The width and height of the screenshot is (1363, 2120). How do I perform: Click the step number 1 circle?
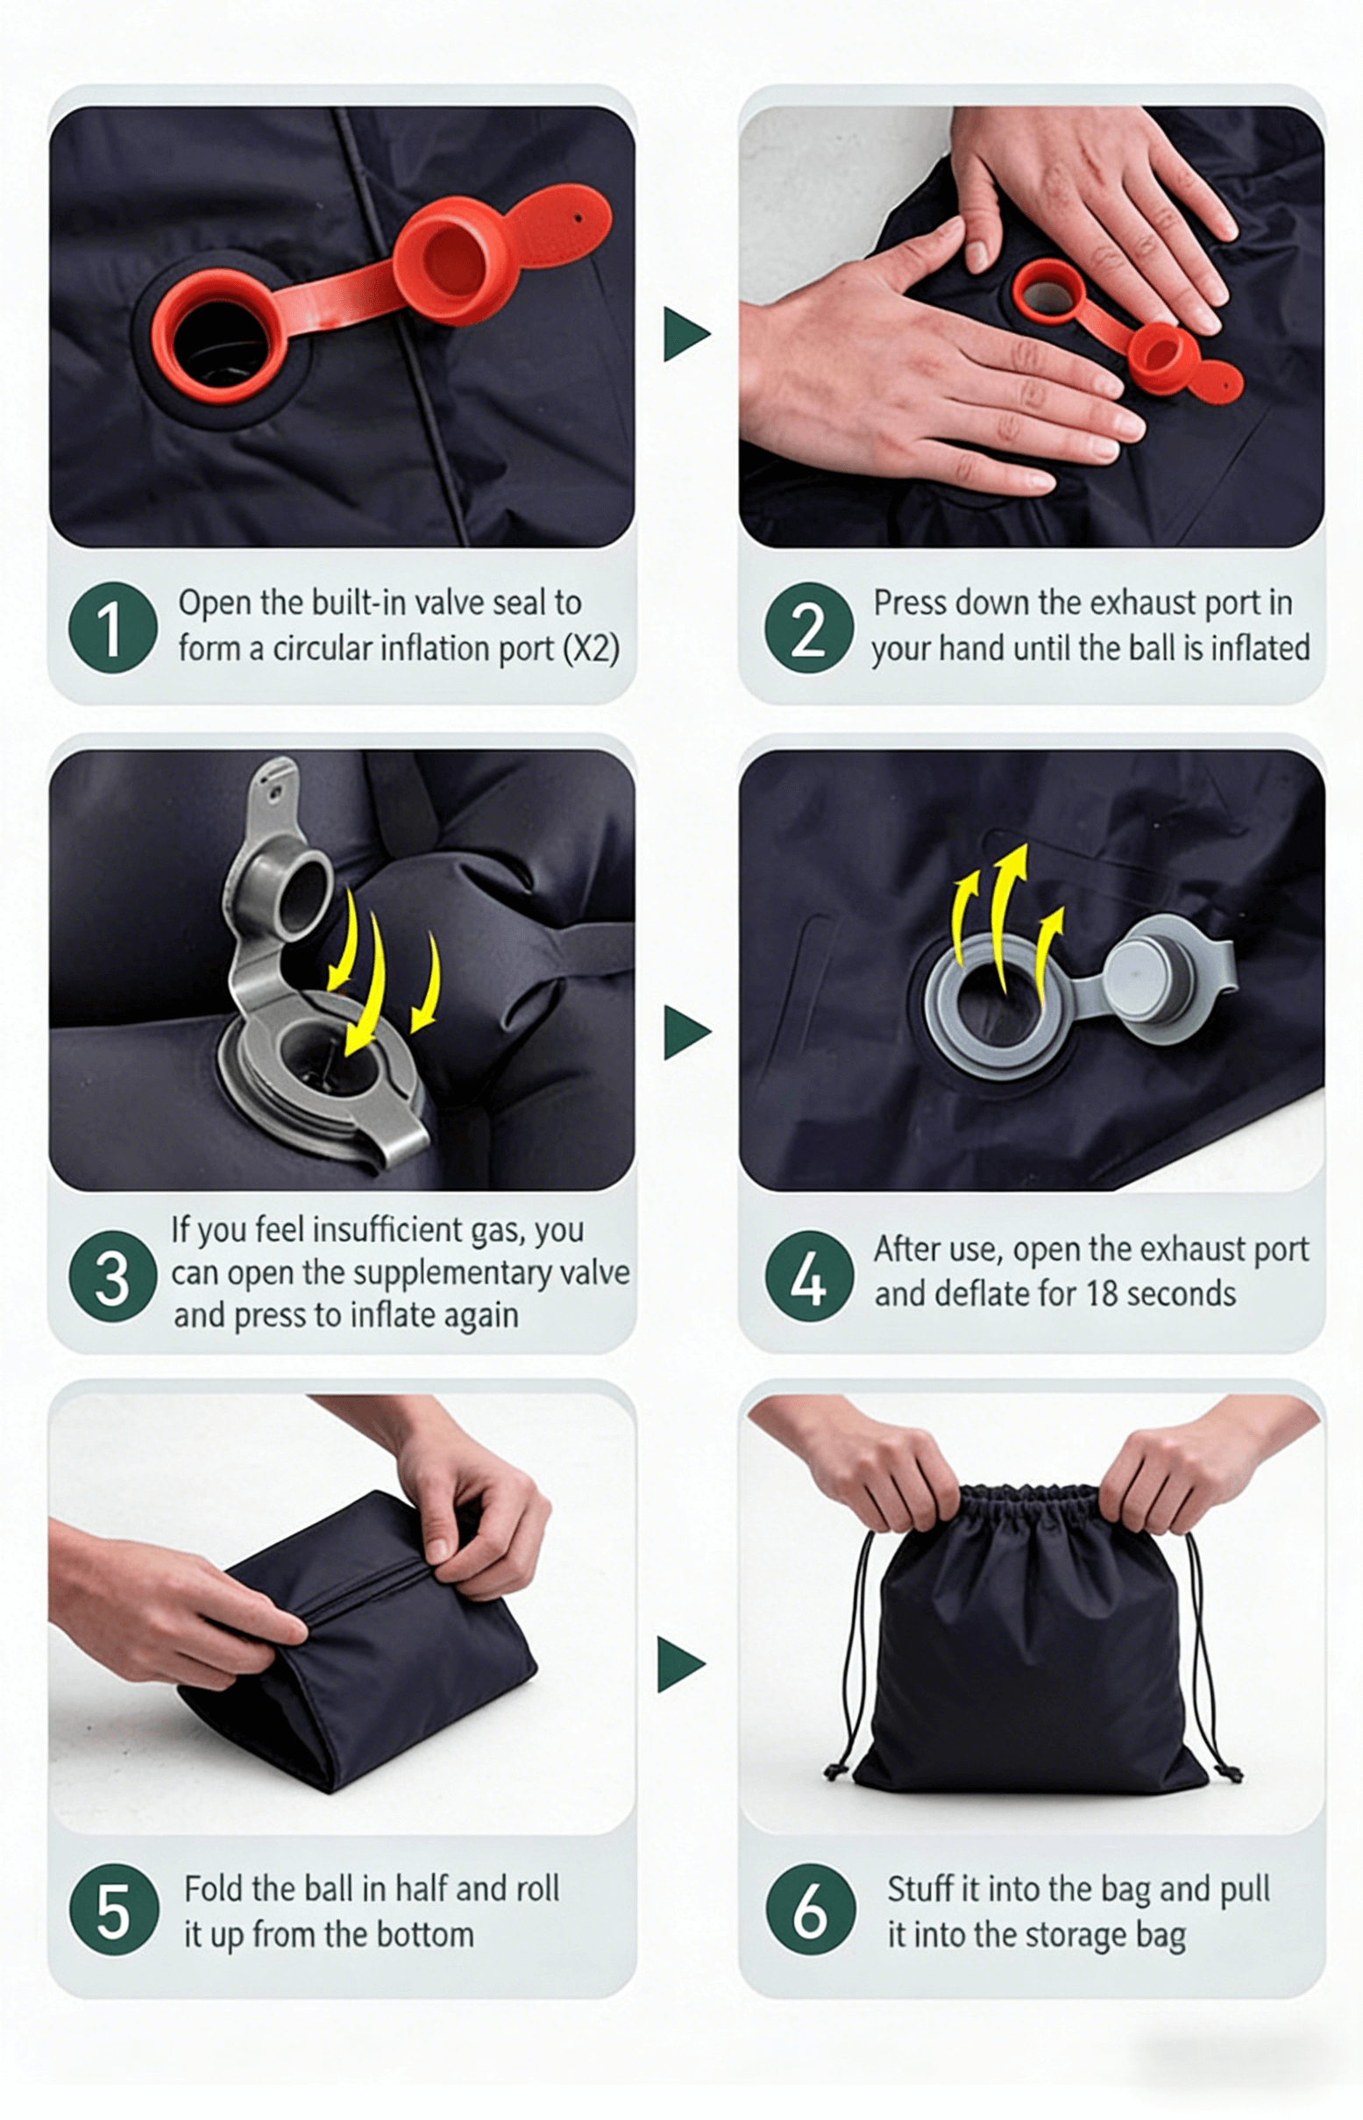pos(112,627)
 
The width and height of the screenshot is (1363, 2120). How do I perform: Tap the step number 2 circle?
pos(809,627)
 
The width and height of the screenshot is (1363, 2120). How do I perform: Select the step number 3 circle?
pos(112,1276)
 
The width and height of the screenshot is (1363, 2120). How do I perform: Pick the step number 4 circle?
pos(809,1276)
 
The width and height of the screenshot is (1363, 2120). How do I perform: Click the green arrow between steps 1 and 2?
pos(686,335)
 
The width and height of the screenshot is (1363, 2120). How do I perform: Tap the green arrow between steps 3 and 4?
pos(686,1032)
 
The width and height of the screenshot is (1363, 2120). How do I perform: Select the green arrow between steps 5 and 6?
pos(682,1665)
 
